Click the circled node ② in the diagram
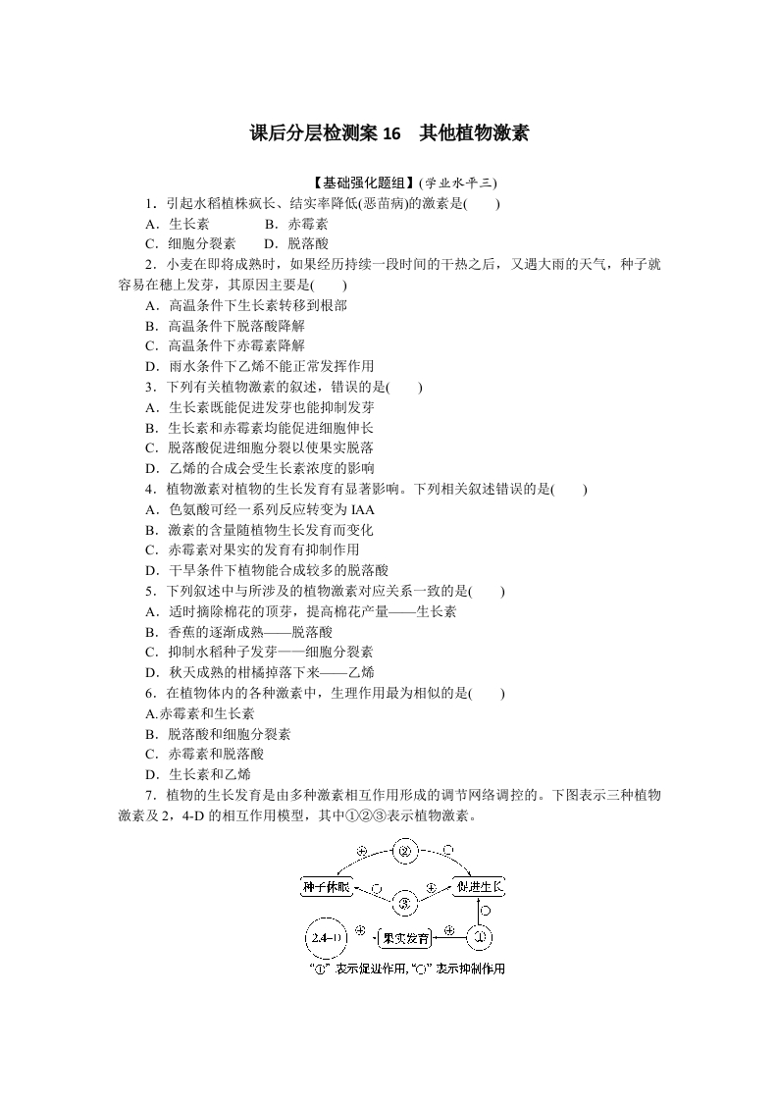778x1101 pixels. [x=404, y=852]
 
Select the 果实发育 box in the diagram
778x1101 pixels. [x=405, y=938]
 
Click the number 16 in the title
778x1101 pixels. [x=392, y=133]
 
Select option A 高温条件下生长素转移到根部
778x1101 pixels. [x=245, y=305]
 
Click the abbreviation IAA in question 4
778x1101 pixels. [x=362, y=509]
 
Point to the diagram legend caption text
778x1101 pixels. [x=406, y=969]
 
